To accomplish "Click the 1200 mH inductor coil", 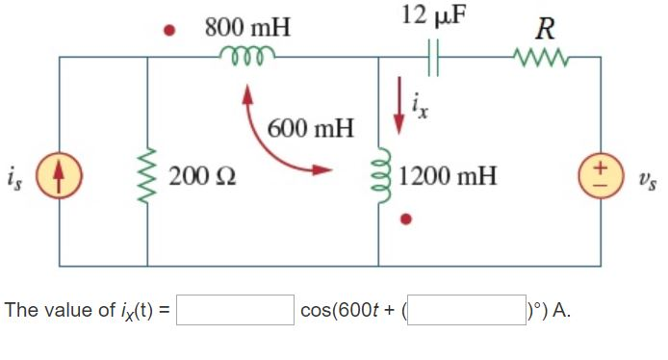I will tap(379, 177).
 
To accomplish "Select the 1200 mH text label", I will tap(448, 177).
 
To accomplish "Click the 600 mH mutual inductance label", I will tap(311, 127).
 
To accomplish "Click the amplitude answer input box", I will tap(235, 310).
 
